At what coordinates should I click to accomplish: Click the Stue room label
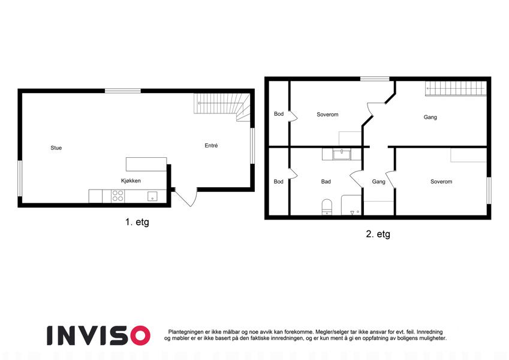point(56,148)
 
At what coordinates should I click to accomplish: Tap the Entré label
point(211,146)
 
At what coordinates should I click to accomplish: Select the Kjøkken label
point(131,181)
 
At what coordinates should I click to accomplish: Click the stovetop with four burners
point(118,196)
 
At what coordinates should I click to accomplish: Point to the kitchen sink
point(152,196)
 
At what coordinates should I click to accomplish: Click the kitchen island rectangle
point(146,164)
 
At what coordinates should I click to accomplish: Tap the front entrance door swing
point(186,197)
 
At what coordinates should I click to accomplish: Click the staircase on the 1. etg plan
point(222,107)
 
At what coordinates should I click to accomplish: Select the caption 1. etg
point(137,222)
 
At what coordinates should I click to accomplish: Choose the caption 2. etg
point(378,234)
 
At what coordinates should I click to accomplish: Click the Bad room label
point(326,182)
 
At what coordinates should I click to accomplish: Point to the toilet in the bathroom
point(327,207)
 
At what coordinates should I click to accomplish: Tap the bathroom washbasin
point(342,154)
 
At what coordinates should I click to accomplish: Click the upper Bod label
point(279,114)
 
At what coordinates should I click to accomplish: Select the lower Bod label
point(279,182)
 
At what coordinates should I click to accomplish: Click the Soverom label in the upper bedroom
point(327,115)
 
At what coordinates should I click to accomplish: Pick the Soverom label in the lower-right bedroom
point(441,182)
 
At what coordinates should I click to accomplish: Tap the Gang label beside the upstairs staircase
point(430,117)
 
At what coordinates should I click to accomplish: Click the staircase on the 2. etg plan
point(456,88)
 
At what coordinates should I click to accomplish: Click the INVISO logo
point(99,335)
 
